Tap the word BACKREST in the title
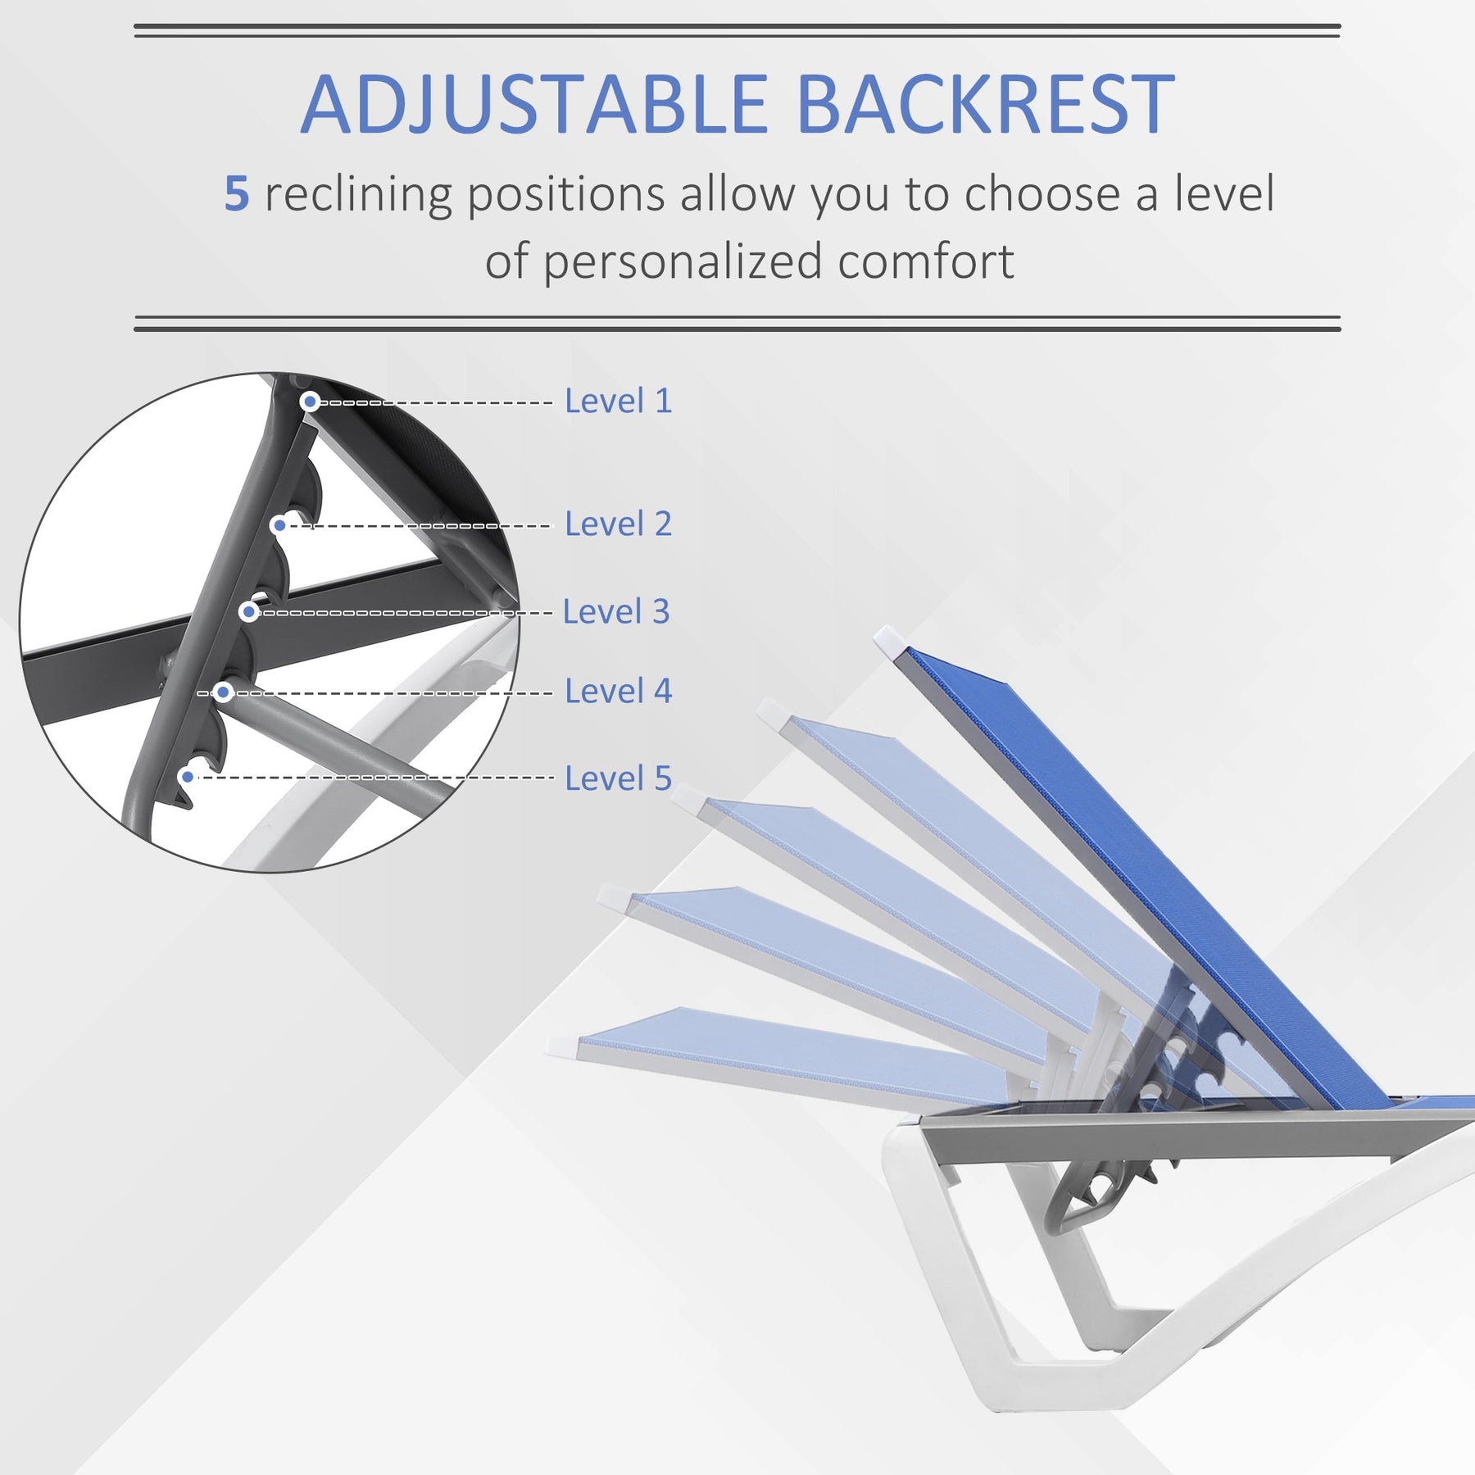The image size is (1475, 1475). (x=986, y=104)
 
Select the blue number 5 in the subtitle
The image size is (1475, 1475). (x=237, y=194)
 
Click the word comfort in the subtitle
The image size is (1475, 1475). (x=926, y=261)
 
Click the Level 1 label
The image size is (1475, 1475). (x=619, y=401)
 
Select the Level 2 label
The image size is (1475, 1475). (x=619, y=524)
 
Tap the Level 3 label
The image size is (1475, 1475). (x=616, y=611)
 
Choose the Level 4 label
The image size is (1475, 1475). (x=619, y=691)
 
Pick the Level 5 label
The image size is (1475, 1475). (x=619, y=778)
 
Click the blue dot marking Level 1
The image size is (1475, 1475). (x=310, y=402)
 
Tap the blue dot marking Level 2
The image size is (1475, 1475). (x=279, y=525)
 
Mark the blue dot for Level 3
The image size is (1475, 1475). (x=249, y=612)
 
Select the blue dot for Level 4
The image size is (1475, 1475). (x=223, y=692)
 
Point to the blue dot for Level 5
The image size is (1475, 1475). (x=188, y=777)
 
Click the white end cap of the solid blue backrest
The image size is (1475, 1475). (x=888, y=641)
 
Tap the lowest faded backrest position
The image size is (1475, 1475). (x=787, y=1053)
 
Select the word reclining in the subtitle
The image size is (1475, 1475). (x=357, y=196)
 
